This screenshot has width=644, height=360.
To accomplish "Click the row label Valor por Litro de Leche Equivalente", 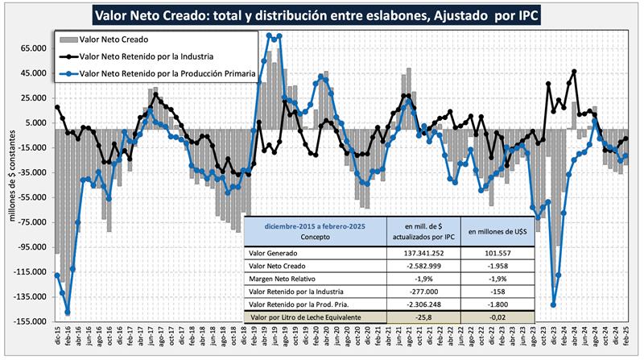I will [x=316, y=319].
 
